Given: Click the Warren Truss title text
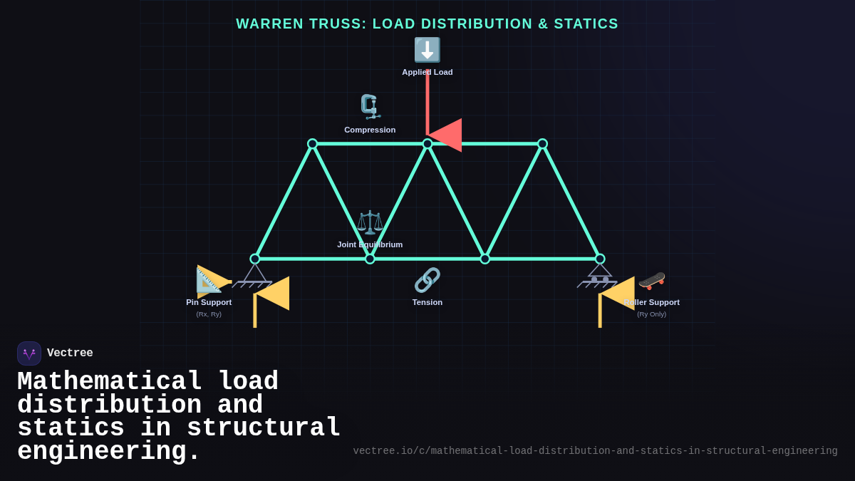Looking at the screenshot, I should coord(427,24).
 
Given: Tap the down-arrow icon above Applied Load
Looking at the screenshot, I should coord(427,50).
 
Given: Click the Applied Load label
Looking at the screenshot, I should coord(427,72).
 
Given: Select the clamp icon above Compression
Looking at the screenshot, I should coord(370,107).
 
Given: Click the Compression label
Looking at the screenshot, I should coord(370,130).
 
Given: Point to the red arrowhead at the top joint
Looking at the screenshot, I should coord(446,135).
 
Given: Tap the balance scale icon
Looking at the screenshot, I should coord(370,222).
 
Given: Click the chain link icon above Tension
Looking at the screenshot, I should coord(427,280).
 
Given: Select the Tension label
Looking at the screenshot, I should coord(427,302).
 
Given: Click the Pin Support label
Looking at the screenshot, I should coord(209,302).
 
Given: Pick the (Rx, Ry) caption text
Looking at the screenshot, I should coord(209,314).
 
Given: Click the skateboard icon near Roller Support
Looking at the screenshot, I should coord(652,280).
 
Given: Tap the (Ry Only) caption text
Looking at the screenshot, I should coord(652,314).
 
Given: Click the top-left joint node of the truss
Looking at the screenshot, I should coord(312,144).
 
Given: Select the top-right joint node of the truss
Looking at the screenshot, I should coord(542,144).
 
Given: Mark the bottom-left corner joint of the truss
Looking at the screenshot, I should coord(255,259).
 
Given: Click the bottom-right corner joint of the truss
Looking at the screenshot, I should coord(600,259).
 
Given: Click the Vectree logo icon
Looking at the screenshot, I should coord(29,353).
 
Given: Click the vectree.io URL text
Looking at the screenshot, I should coord(595,451).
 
